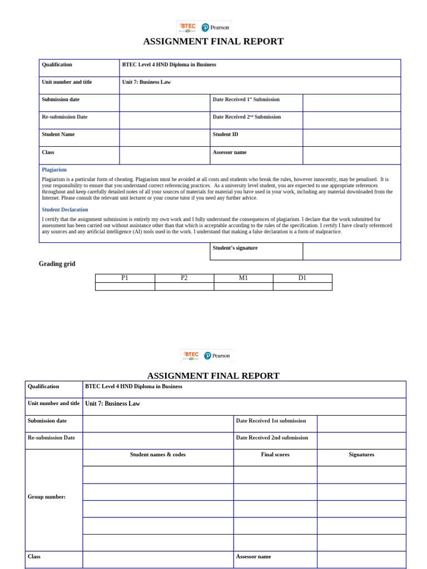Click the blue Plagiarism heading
[54, 169]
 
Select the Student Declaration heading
[64, 209]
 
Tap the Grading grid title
[57, 264]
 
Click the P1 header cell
[125, 278]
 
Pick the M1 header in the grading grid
[243, 278]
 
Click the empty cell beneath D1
[302, 286]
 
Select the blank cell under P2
[184, 286]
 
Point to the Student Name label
[58, 134]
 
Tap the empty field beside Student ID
[351, 137]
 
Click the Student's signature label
[235, 248]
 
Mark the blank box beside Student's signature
[351, 251]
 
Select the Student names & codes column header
[158, 455]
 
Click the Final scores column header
[275, 455]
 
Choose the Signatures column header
[361, 455]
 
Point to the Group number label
[47, 497]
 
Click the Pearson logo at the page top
[216, 27]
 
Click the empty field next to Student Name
[165, 137]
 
